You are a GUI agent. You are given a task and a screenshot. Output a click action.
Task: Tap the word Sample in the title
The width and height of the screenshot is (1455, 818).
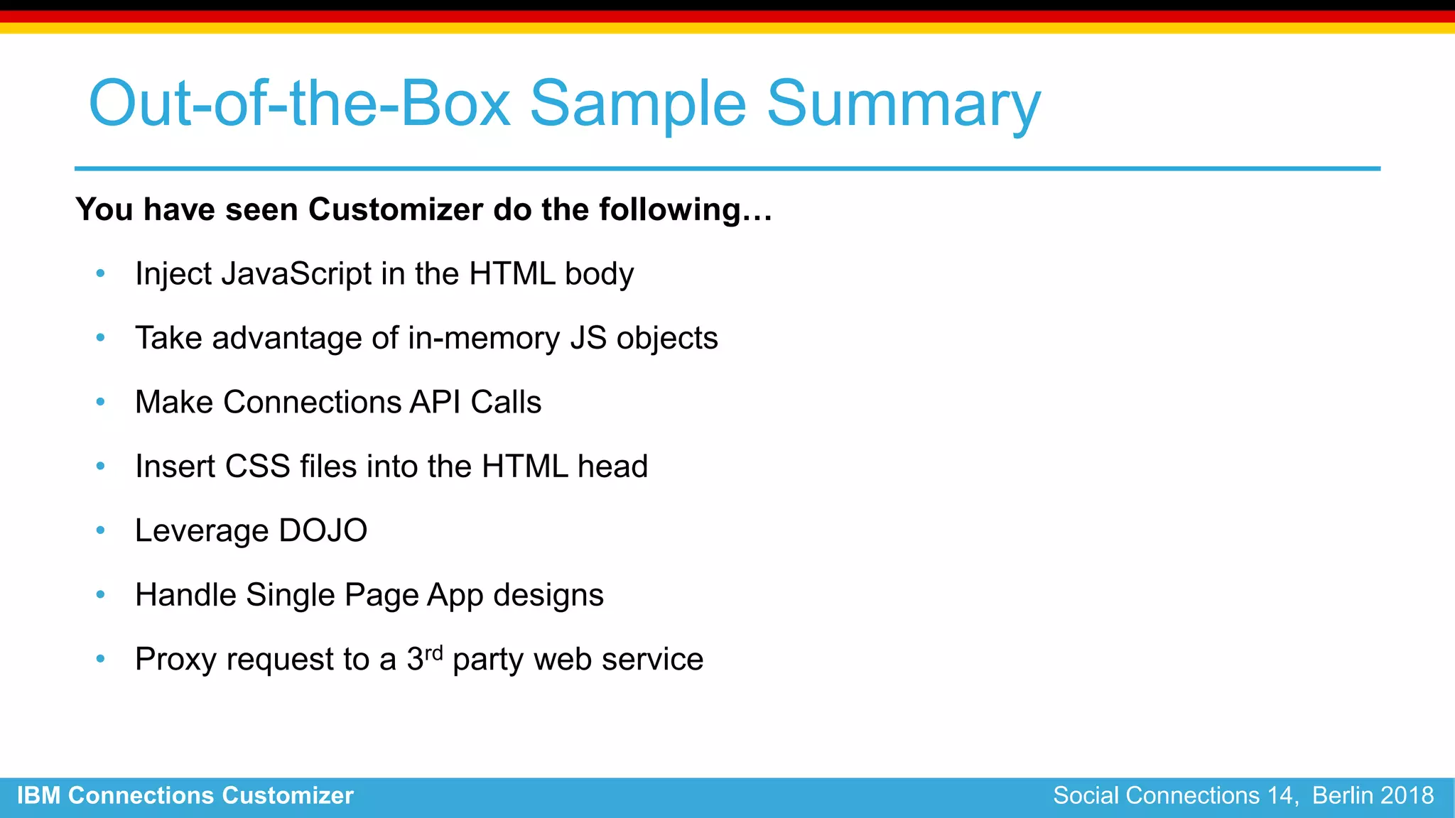point(637,105)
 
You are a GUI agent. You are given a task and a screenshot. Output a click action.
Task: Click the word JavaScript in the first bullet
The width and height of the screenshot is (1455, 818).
point(296,274)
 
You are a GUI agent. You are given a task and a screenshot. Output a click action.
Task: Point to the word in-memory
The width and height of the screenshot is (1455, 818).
point(484,338)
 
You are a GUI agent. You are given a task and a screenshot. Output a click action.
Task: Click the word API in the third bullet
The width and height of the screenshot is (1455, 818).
point(435,403)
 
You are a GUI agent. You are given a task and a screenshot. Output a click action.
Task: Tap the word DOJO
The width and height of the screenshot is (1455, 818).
point(323,531)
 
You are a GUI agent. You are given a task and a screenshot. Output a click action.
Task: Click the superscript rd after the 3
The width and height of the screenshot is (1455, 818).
point(433,651)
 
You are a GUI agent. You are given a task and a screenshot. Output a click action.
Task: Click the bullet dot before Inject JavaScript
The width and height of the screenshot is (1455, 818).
point(100,273)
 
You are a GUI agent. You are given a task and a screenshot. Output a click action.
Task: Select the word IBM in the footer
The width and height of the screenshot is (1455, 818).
point(38,795)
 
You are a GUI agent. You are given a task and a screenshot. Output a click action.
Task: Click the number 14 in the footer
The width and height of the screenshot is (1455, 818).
point(1281,795)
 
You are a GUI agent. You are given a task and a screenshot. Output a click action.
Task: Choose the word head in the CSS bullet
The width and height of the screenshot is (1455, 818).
point(612,467)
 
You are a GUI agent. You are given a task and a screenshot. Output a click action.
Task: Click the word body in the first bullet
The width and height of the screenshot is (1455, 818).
point(599,274)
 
